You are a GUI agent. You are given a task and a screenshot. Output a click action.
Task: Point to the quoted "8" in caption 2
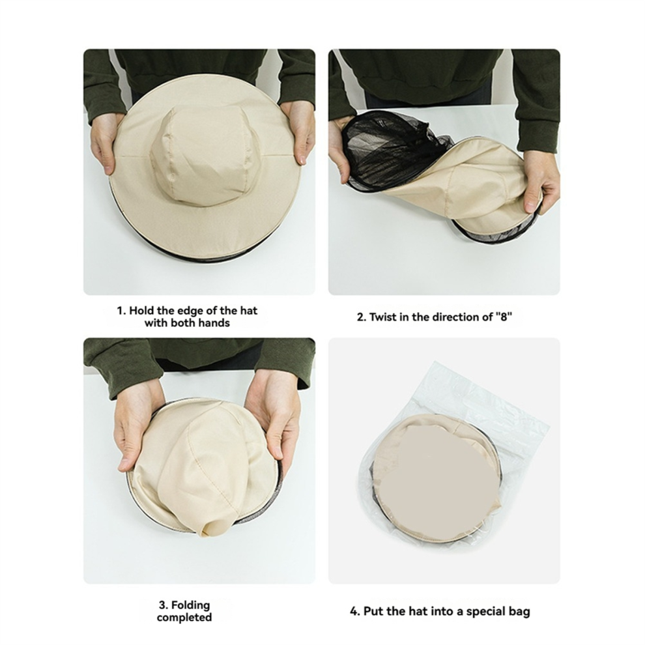click(x=504, y=317)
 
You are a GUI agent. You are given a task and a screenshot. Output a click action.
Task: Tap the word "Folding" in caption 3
click(x=190, y=605)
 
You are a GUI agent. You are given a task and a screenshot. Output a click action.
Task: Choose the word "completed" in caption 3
click(x=184, y=618)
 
